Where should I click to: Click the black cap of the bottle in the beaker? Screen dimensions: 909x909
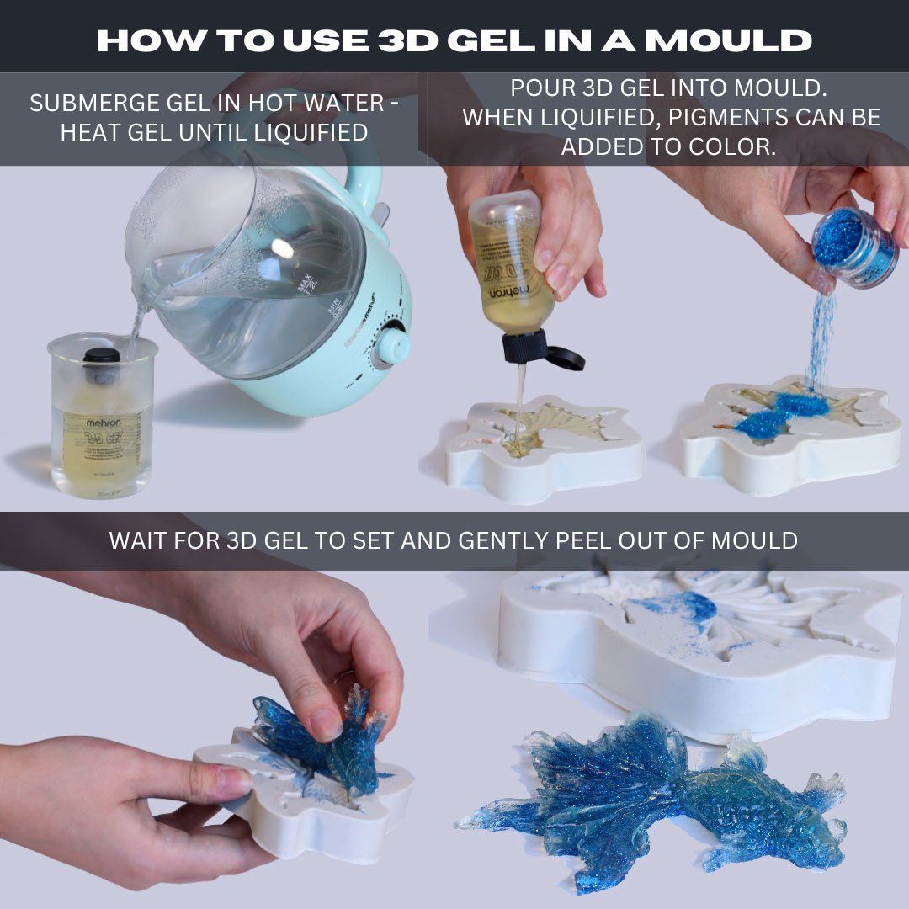coord(102,355)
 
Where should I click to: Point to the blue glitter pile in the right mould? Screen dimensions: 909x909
coord(783,412)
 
